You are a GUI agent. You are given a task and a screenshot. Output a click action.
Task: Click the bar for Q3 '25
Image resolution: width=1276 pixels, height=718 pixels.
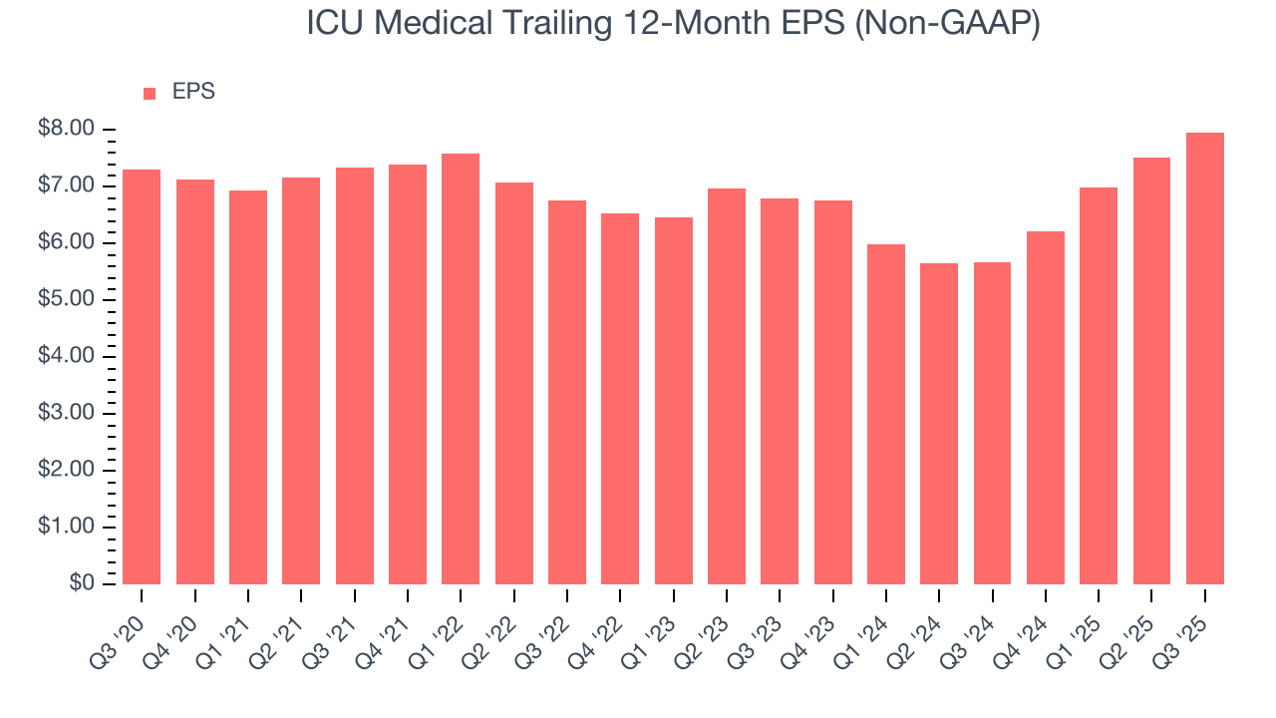coord(1204,359)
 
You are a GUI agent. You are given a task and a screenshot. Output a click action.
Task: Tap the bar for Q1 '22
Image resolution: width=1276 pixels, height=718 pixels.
coord(461,369)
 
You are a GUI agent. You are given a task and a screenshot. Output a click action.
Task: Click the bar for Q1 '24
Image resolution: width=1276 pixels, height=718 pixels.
coord(886,414)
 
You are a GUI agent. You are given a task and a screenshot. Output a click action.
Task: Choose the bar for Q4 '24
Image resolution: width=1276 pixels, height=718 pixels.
coord(1046,408)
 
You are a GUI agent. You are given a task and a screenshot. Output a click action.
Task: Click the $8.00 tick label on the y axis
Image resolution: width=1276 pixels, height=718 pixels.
coord(67,130)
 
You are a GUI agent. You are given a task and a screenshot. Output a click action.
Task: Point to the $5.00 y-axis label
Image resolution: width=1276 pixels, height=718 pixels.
coord(67,300)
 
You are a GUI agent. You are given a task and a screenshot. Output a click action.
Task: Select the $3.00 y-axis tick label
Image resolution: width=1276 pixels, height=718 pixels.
coord(67,414)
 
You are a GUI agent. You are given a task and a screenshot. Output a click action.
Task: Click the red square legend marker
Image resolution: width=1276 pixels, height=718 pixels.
coord(150,94)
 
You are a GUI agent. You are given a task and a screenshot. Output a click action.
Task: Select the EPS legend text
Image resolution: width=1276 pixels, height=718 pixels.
coord(193,93)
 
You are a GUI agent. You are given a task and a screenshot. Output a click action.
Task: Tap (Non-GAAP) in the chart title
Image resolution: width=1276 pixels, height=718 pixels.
coord(947,24)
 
